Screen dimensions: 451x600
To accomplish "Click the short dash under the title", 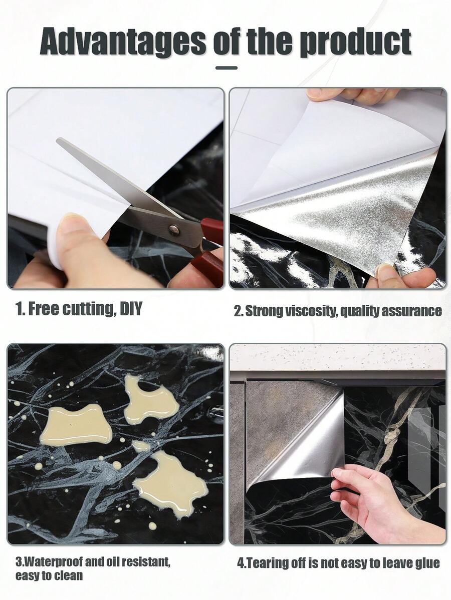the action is coord(227,68).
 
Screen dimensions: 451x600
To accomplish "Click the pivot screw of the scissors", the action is coord(174,229).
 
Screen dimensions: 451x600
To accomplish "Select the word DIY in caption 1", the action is coord(131,309).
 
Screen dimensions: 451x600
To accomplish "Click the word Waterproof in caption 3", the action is coord(53,562).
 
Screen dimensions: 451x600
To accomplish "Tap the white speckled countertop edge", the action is coord(338,357).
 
